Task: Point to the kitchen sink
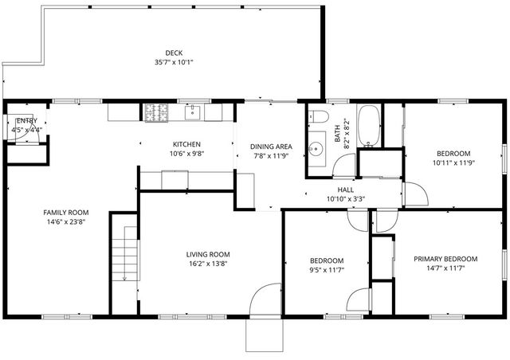193,113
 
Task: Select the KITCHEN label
186,144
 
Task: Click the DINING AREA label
271,147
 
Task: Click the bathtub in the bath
369,126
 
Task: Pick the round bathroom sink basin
316,147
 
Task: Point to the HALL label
345,190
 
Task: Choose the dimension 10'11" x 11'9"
453,163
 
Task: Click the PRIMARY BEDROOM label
445,259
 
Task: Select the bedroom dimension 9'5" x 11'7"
326,271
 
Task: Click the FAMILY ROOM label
65,213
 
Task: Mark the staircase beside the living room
124,251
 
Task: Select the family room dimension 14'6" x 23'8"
65,223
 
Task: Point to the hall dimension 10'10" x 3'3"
345,199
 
